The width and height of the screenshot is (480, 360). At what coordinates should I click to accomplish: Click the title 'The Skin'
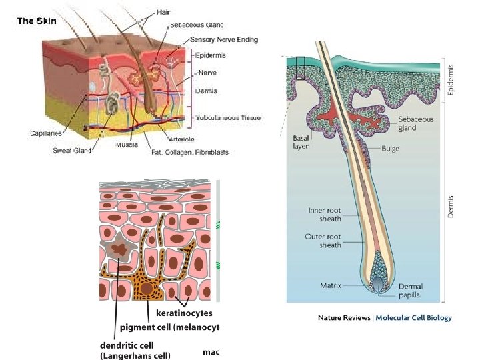(x=37, y=21)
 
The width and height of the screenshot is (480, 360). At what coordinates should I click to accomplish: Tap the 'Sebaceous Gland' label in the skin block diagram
(x=197, y=25)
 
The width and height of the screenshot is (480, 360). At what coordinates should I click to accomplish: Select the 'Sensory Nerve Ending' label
(x=224, y=39)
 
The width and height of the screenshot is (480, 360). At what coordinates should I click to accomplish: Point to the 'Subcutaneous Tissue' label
(x=228, y=117)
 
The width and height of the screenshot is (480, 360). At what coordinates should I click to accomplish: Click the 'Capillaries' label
(x=46, y=133)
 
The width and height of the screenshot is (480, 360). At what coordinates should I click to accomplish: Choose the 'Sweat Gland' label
(x=72, y=150)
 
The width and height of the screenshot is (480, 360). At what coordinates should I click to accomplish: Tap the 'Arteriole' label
(x=181, y=139)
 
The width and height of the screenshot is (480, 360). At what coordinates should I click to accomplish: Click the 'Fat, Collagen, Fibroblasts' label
(x=190, y=152)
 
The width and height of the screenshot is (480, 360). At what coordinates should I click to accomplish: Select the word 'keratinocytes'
(x=184, y=313)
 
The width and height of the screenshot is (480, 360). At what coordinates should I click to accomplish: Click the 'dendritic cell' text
(x=127, y=345)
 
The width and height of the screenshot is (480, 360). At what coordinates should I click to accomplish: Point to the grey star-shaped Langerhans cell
(x=118, y=247)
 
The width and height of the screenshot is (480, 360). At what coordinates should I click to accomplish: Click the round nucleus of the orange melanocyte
(x=146, y=289)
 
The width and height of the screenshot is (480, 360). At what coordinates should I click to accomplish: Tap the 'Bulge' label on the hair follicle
(x=390, y=149)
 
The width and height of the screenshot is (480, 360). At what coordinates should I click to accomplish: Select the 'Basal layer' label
(x=301, y=143)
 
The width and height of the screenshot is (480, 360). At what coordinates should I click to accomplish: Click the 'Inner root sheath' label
(x=325, y=215)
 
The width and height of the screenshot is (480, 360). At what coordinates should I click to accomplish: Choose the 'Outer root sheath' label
(x=323, y=241)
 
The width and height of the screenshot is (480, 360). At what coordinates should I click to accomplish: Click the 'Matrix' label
(x=331, y=285)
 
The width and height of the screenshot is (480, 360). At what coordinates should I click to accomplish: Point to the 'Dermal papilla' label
(x=411, y=291)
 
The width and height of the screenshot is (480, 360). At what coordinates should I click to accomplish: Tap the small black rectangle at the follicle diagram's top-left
(x=301, y=68)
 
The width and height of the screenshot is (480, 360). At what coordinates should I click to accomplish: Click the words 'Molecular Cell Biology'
(x=413, y=318)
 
